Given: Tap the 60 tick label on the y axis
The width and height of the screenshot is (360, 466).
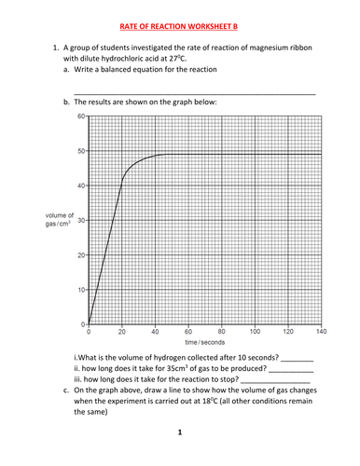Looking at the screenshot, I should [81, 116].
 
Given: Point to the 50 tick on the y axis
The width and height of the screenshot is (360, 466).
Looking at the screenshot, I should [81, 151].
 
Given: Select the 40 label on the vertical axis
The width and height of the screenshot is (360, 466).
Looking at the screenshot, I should [81, 185].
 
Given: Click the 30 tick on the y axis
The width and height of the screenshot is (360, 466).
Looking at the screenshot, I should [81, 220].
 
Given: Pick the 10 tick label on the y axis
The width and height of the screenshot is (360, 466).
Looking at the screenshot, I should [81, 290].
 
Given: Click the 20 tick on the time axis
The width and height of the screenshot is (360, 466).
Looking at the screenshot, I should [121, 332].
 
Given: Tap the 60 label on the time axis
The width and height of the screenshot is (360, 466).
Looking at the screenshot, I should [188, 332].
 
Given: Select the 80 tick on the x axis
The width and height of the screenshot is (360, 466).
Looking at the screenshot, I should [221, 332].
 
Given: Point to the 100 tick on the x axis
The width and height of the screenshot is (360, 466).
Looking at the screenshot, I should [255, 332].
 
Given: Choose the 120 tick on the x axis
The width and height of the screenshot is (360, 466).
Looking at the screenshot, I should [288, 332].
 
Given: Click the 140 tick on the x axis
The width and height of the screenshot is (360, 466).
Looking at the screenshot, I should [321, 332].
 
